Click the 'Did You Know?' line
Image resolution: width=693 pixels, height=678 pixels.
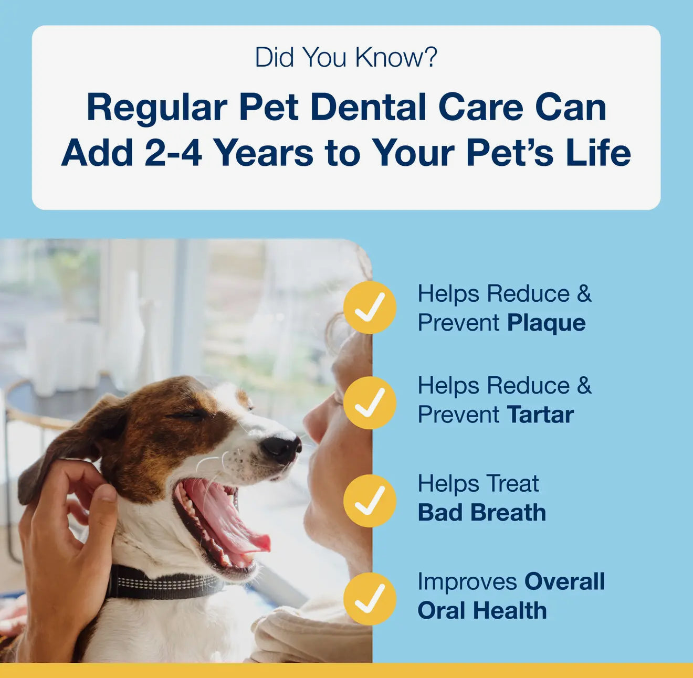345,58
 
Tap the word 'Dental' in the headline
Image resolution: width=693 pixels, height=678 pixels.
368,108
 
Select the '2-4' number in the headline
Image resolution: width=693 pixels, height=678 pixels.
173,153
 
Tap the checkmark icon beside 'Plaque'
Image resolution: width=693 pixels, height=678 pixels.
370,307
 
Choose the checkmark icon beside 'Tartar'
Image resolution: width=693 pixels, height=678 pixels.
370,402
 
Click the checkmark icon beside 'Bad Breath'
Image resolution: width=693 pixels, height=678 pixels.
370,501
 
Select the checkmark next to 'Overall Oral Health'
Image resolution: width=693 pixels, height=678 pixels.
370,599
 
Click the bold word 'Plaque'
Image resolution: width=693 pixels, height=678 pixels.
546,323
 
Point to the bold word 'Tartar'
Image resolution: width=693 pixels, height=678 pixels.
540,415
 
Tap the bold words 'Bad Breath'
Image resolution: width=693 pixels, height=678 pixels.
481,513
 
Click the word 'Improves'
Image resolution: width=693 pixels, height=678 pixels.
466,581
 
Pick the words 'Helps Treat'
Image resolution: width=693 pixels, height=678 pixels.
478,484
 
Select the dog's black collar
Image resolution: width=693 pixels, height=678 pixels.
163,582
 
